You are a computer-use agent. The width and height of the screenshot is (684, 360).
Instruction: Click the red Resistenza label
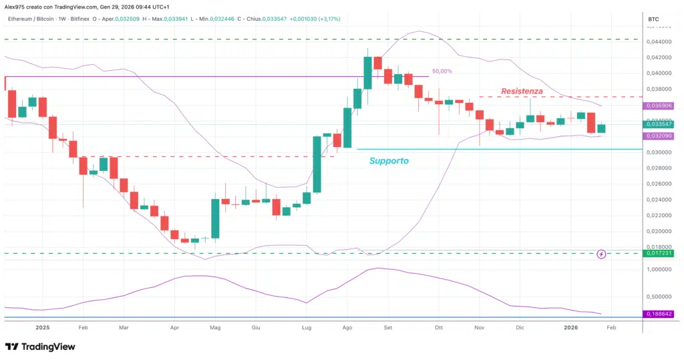tap(522, 90)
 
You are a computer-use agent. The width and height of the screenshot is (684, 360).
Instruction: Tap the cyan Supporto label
tap(389, 161)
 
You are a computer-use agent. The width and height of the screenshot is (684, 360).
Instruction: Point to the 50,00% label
tap(442, 71)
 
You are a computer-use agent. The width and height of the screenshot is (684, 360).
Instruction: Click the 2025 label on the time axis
tap(43, 328)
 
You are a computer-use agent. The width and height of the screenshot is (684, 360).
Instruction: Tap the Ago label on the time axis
tap(347, 328)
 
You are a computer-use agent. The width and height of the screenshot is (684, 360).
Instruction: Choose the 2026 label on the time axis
tap(570, 328)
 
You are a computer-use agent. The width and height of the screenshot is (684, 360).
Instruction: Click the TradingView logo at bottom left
tap(40, 347)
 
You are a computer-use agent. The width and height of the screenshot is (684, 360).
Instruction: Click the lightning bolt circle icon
tap(602, 254)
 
